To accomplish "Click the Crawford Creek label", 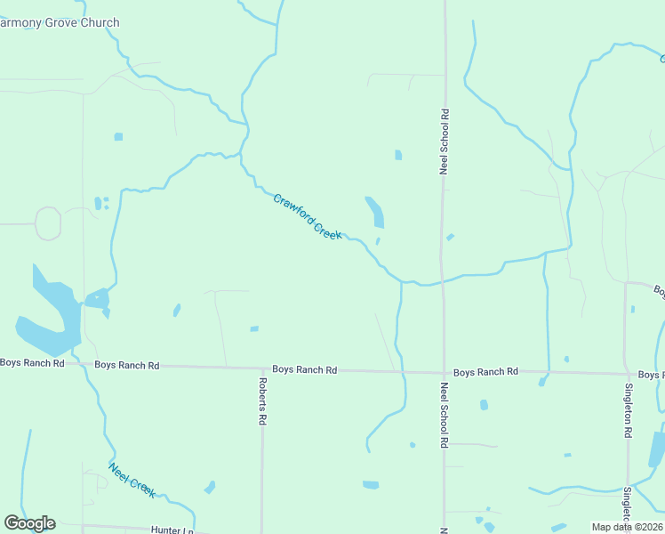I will pos(307,216).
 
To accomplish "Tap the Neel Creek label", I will pos(132,480).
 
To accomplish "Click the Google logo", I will pos(29,523).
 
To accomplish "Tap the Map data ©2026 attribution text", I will pos(627,527).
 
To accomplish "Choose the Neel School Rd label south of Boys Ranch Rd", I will pos(444,415).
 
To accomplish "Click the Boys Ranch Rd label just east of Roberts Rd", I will pos(304,369).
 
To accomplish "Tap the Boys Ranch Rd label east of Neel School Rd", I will pos(485,372).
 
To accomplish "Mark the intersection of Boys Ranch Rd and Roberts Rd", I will pos(262,368).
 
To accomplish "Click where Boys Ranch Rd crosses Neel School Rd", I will pos(444,370).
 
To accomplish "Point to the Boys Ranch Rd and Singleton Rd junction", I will pos(625,374).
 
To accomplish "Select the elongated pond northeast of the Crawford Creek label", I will pos(375,212).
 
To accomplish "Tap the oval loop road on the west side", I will pos(47,223).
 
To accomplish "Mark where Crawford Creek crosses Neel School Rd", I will pos(443,282).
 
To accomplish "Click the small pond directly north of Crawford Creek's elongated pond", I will pos(398,155).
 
